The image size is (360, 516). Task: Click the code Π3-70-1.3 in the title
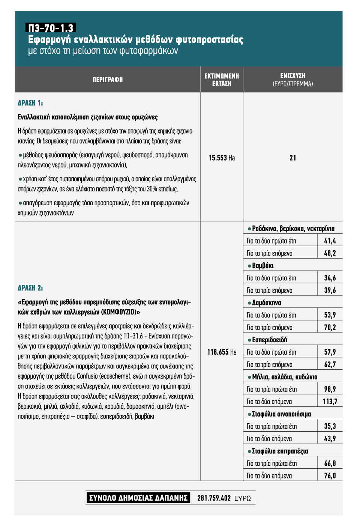click(x=51, y=28)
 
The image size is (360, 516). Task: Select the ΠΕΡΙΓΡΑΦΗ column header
click(x=108, y=80)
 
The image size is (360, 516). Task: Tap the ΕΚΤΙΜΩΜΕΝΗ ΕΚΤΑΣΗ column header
click(x=222, y=80)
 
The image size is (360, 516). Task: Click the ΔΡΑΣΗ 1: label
click(x=30, y=103)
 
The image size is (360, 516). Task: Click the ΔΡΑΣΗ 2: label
click(x=30, y=288)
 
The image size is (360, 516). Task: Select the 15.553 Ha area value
click(x=222, y=158)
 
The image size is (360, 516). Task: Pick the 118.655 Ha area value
click(x=222, y=352)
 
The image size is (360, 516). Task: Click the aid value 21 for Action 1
click(x=292, y=158)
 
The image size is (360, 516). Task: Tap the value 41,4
click(x=330, y=241)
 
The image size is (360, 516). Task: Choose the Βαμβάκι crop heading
click(x=262, y=266)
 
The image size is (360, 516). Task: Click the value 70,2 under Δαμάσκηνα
click(x=330, y=327)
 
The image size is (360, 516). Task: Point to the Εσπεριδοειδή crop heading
click(x=269, y=340)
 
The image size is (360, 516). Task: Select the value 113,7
click(x=330, y=402)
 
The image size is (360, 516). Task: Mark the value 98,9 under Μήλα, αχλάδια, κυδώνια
click(x=330, y=389)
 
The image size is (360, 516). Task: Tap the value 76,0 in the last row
click(x=330, y=475)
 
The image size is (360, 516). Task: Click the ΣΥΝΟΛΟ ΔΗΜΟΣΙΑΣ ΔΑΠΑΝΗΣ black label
click(x=138, y=498)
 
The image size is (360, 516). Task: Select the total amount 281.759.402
click(x=214, y=498)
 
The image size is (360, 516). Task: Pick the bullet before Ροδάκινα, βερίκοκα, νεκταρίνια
click(x=249, y=229)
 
